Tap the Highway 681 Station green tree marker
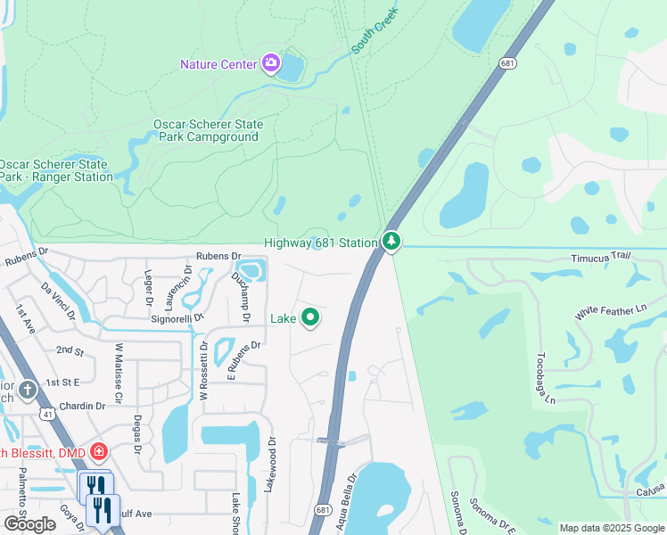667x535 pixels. point(391,242)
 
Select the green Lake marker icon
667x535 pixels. point(310,317)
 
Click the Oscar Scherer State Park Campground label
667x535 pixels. point(206,131)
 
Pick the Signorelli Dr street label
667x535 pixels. point(179,317)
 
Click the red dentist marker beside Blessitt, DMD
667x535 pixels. point(98,451)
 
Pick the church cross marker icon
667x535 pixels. point(28,390)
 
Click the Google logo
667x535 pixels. point(29,523)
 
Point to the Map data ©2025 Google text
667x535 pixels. point(611,528)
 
